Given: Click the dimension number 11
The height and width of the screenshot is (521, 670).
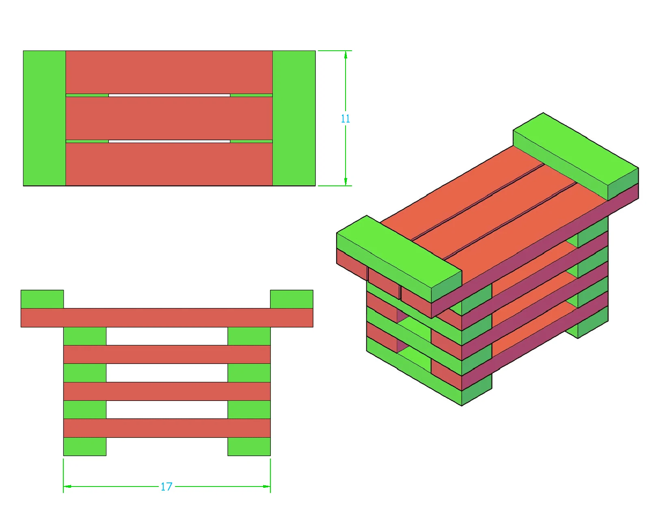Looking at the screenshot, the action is pos(345,118).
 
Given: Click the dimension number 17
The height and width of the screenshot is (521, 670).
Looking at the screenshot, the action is pos(166,487).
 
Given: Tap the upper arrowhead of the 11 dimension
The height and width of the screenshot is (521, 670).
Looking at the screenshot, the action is pos(346,55).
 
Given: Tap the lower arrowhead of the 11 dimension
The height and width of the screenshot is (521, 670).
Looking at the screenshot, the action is pos(346,182).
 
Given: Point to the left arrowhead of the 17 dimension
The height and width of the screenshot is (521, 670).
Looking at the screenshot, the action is pos(67,487).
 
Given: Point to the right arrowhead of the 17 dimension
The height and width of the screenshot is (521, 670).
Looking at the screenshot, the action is pos(266,487).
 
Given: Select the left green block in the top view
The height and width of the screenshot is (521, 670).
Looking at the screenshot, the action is pos(44,118).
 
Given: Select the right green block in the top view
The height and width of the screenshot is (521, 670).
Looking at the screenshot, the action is pos(294,118).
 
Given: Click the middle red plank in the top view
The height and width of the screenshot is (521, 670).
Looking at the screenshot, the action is pos(169,118).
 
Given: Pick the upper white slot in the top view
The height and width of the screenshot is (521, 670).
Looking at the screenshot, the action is pos(169,95).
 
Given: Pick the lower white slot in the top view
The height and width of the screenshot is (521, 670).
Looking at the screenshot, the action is pos(169,142).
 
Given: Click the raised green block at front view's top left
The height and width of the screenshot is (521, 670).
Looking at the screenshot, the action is pos(42,299).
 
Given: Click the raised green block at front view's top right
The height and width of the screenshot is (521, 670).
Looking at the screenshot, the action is pos(292,299).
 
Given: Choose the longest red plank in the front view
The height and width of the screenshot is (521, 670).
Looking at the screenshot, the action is pos(167,317).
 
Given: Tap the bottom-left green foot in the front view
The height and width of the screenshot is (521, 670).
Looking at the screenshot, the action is pos(85,446).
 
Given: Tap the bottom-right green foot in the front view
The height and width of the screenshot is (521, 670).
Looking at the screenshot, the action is pos(249,446).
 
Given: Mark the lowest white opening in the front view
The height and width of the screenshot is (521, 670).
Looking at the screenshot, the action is pos(167,409).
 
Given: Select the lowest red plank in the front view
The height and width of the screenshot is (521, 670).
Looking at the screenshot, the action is pos(167,428).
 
